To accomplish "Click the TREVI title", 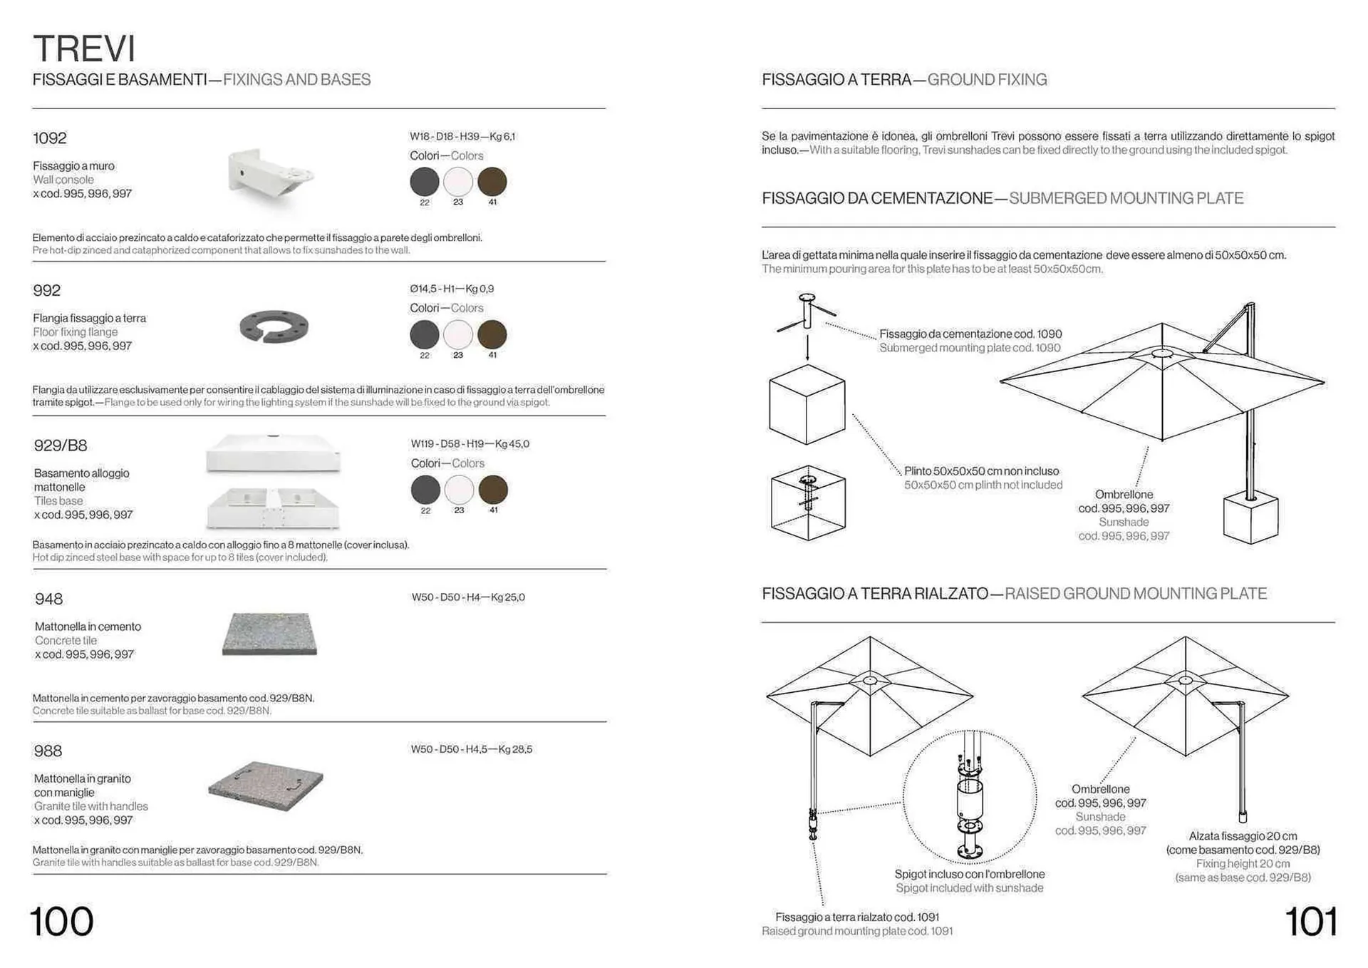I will click(x=84, y=48).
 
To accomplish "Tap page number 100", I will click(x=62, y=921).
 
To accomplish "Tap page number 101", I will click(x=1311, y=921).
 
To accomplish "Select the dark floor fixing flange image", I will click(x=274, y=327).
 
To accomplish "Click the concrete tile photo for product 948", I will click(x=269, y=633).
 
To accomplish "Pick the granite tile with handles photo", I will click(x=266, y=786).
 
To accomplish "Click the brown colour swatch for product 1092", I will click(x=492, y=182).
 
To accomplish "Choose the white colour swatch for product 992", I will click(x=458, y=334).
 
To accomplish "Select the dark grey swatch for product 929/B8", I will click(x=425, y=490).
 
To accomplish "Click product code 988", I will click(x=48, y=751).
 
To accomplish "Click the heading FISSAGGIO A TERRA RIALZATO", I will click(x=875, y=594).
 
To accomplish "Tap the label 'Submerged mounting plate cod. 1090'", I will click(x=970, y=348).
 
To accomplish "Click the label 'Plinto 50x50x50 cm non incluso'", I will click(x=981, y=471).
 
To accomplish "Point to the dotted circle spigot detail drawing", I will click(x=970, y=796).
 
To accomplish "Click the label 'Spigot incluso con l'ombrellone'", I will click(x=969, y=874).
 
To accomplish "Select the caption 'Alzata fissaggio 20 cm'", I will click(x=1243, y=836).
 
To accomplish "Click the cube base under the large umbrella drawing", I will click(x=1250, y=519).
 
